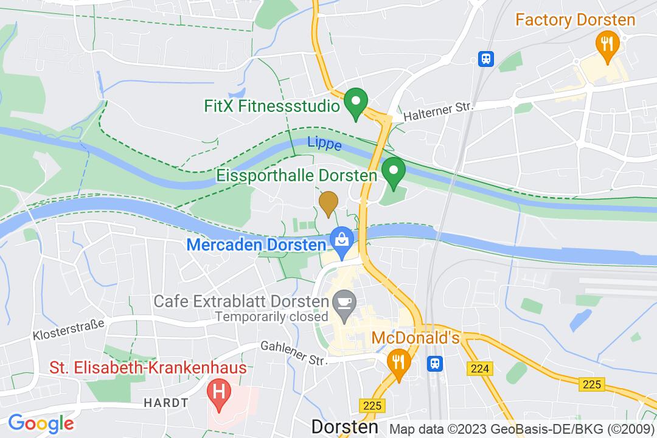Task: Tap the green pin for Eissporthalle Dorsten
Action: pyautogui.click(x=394, y=172)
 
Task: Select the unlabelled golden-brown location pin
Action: pyautogui.click(x=328, y=203)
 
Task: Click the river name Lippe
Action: pyautogui.click(x=324, y=144)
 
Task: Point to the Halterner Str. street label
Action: pyautogui.click(x=438, y=109)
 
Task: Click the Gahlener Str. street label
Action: pyautogui.click(x=294, y=352)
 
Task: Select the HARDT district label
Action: pyautogui.click(x=166, y=403)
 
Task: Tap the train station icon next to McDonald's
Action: pyautogui.click(x=436, y=363)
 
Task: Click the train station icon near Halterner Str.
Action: pyautogui.click(x=486, y=58)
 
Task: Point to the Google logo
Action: pyautogui.click(x=41, y=423)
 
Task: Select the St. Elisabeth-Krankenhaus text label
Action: pyautogui.click(x=148, y=368)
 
